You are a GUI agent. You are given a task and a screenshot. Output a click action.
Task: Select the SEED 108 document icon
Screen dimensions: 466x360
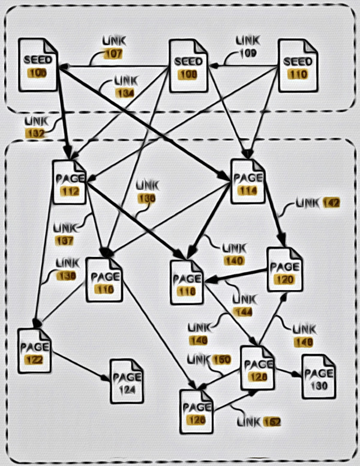188,66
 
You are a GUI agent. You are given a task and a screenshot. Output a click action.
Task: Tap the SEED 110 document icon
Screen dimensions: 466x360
298,66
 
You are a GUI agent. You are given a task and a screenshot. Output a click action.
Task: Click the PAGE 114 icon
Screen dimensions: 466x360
247,181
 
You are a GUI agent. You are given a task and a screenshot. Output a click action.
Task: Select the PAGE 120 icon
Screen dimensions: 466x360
284,270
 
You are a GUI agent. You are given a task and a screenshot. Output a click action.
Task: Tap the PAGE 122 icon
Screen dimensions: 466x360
34,351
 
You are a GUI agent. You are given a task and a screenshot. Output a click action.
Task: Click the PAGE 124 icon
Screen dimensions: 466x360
126,381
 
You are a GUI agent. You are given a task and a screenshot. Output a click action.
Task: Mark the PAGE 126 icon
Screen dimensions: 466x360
197,411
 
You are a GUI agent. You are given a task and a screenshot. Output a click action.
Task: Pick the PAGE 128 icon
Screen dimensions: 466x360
258,368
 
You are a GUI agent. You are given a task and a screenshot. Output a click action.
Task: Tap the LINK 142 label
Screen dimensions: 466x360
318,204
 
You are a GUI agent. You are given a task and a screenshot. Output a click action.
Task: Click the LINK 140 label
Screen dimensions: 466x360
233,254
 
